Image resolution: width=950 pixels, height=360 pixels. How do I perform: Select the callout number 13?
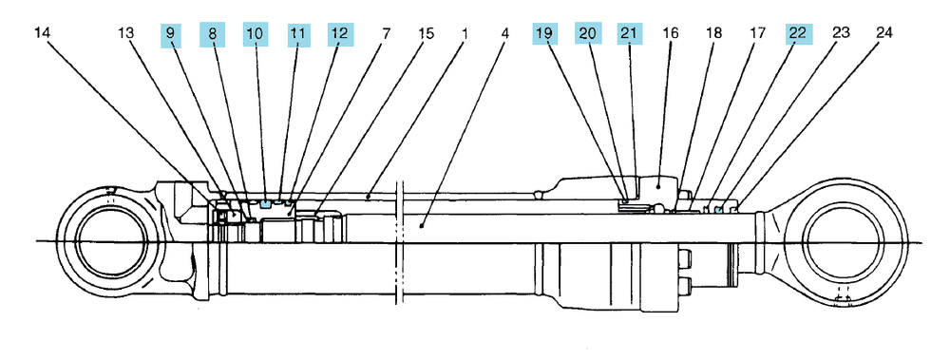point(125,32)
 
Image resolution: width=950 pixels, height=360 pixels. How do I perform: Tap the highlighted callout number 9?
point(170,33)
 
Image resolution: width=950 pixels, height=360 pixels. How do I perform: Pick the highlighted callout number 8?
point(212,33)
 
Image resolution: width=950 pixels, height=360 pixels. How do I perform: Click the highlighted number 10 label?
point(255,33)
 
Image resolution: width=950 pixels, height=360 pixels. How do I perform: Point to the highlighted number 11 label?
point(296,34)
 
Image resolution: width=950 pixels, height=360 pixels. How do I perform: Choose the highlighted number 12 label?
point(340,34)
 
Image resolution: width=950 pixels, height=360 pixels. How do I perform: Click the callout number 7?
point(386,32)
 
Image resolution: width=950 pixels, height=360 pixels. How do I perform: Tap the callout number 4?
point(505,32)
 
